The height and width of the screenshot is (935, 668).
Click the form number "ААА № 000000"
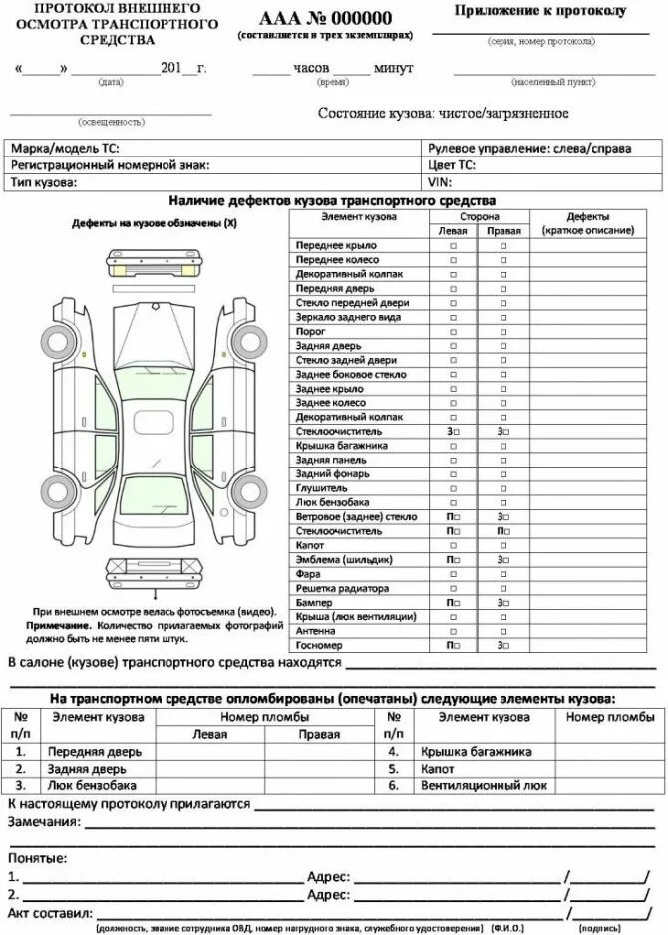click(x=324, y=18)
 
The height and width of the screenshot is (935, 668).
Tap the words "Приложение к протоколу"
click(x=540, y=11)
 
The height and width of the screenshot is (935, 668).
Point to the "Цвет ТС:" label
click(x=451, y=165)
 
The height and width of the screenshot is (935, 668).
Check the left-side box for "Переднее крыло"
click(x=452, y=245)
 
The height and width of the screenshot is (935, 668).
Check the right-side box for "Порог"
click(x=503, y=331)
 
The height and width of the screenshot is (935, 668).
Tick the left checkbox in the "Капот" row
click(x=452, y=546)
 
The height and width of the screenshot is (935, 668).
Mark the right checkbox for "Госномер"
click(x=503, y=646)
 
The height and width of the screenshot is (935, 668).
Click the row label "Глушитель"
click(x=321, y=488)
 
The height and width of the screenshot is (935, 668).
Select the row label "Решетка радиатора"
click(x=336, y=589)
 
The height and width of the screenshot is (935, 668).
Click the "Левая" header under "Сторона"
click(x=452, y=230)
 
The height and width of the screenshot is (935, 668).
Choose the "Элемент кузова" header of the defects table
click(x=359, y=216)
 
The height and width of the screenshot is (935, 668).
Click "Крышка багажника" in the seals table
click(x=476, y=751)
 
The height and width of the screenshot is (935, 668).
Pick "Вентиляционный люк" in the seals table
click(x=484, y=785)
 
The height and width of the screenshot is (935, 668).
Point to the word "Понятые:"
click(x=38, y=858)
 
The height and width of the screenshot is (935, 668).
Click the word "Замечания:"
click(x=44, y=822)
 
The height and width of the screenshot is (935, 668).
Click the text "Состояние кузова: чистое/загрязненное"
click(x=443, y=114)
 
